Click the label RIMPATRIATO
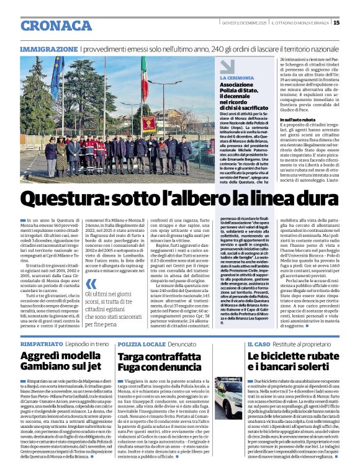pyautogui.click(x=42, y=343)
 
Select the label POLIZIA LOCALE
pyautogui.click(x=141, y=343)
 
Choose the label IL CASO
pyautogui.click(x=258, y=343)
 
